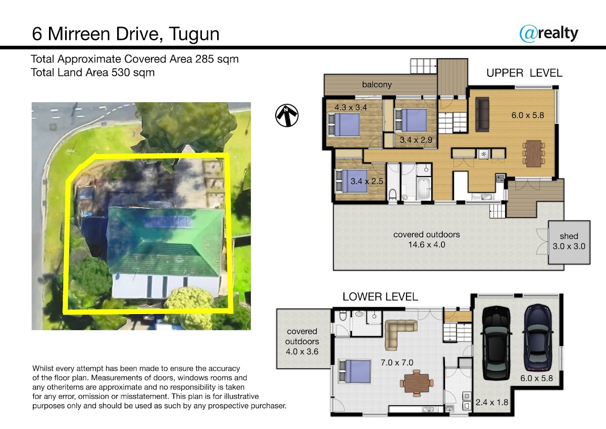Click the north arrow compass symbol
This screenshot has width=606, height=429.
click(287, 115)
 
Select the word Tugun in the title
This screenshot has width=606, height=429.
click(194, 34)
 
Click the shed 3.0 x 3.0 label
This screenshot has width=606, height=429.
click(569, 241)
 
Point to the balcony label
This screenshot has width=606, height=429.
click(377, 84)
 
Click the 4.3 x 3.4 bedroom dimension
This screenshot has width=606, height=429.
click(350, 107)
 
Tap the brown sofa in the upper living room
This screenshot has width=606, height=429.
click(482, 114)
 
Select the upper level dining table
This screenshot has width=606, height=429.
click(534, 154)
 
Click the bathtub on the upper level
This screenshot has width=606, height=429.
click(424, 188)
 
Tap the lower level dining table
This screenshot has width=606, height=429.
click(417, 383)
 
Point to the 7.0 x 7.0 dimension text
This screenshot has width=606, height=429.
click(397, 363)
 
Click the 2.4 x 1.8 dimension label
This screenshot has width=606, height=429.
click(492, 403)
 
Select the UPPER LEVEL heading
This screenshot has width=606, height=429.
click(524, 73)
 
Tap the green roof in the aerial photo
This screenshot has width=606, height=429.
click(165, 241)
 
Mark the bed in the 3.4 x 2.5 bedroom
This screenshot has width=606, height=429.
click(351, 181)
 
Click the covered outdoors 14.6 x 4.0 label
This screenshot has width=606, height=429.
click(427, 240)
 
